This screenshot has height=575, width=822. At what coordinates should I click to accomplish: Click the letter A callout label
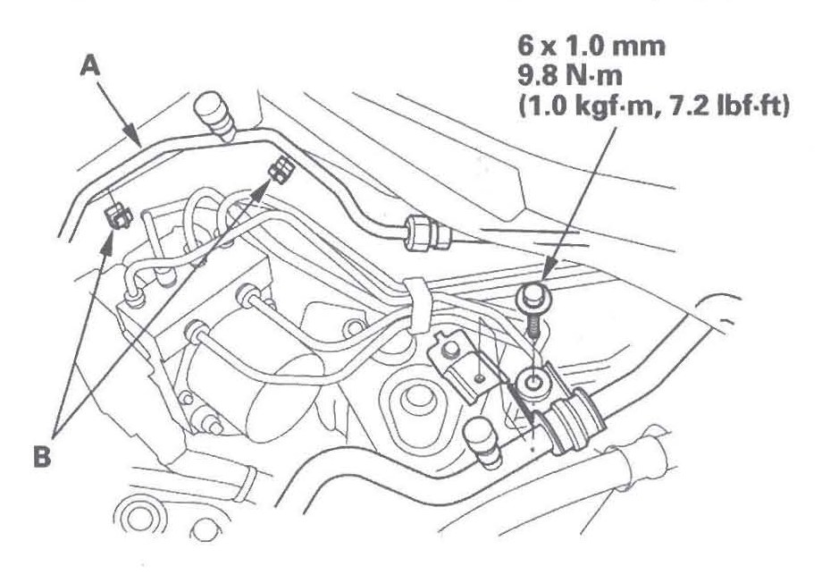pos(89,66)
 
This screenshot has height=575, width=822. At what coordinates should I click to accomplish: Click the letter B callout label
pos(42,456)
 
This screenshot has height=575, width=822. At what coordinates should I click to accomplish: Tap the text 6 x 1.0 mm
pos(591,47)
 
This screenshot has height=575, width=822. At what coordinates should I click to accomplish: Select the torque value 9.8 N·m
pos(570,77)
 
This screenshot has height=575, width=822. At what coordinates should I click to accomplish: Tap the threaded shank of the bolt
pos(533,326)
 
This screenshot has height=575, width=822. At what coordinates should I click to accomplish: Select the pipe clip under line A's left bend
pos(118,216)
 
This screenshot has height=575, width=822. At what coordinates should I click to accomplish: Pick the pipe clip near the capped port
pos(281,169)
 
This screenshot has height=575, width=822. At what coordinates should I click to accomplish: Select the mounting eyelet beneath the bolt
pos(533,384)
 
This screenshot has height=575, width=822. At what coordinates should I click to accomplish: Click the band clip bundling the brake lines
pos(415,307)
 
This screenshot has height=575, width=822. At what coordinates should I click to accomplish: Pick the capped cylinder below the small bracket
pos(483,442)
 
